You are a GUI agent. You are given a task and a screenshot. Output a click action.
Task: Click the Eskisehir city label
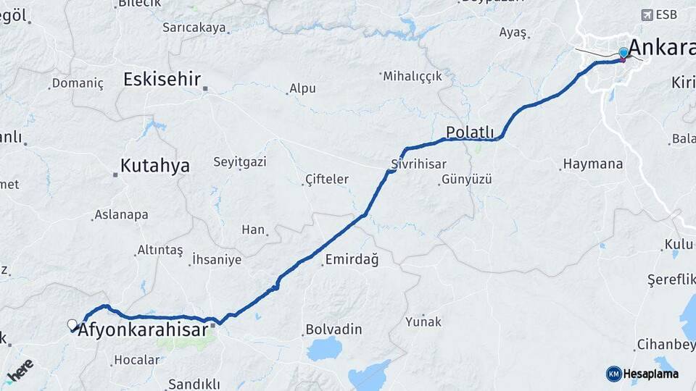pyautogui.click(x=162, y=79)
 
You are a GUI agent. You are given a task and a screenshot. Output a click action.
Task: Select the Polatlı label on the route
pyautogui.click(x=470, y=132)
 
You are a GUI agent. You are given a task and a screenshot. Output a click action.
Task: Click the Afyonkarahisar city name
pyautogui.click(x=144, y=331)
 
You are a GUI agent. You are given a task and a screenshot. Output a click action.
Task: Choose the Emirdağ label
pyautogui.click(x=352, y=259)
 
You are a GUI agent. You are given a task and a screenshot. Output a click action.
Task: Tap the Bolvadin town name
pyautogui.click(x=333, y=329)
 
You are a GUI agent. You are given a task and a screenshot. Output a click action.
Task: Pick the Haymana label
pyautogui.click(x=592, y=164)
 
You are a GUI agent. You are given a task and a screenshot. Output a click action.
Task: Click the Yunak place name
pyautogui.click(x=423, y=321)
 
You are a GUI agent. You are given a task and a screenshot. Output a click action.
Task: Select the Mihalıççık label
pyautogui.click(x=412, y=76)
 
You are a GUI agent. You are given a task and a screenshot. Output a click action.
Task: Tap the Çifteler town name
pyautogui.click(x=327, y=179)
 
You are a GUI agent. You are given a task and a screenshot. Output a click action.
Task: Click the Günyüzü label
pyautogui.click(x=466, y=179)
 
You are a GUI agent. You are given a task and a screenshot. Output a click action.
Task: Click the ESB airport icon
pyautogui.click(x=647, y=14)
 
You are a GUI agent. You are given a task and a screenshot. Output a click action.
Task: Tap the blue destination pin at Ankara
pyautogui.click(x=623, y=52)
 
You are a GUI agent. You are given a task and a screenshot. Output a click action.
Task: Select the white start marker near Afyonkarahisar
pyautogui.click(x=72, y=324)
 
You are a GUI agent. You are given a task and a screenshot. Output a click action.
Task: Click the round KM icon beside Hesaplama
pyautogui.click(x=613, y=374)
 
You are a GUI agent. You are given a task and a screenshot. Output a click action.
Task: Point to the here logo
pyautogui.click(x=20, y=371)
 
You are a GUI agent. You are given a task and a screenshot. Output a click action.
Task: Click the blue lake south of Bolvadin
pyautogui.click(x=328, y=349)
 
